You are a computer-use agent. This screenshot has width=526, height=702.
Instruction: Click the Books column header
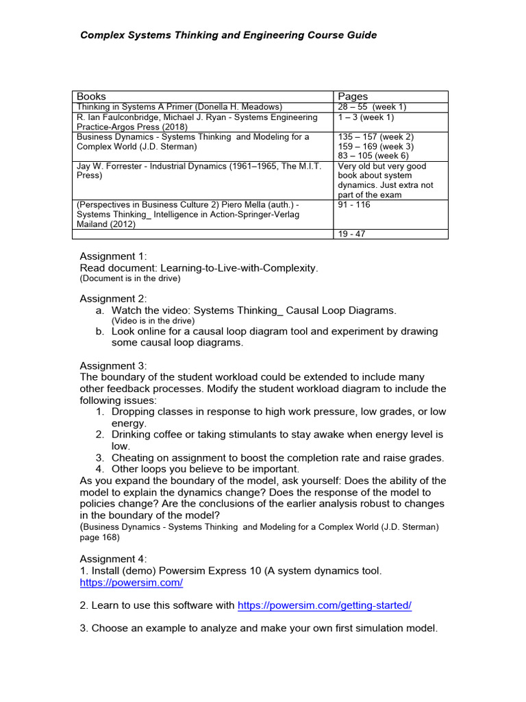pos(91,97)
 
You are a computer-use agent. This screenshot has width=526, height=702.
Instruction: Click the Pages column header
pos(353,97)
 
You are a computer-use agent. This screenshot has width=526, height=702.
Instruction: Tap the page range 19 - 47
pos(353,234)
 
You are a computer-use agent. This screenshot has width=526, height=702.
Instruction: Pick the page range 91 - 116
pos(354,205)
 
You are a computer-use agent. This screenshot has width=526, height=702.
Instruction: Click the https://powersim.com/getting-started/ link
pos(324,605)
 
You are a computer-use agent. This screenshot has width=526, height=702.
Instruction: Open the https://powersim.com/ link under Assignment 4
pos(131,583)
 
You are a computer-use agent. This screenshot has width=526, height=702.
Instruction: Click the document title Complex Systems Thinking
pos(229,35)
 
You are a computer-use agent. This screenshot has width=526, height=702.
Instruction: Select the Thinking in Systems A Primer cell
pos(179,107)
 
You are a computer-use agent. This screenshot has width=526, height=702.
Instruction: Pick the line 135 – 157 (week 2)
pos(376,136)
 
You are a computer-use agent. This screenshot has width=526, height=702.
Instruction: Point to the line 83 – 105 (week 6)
pos(373,156)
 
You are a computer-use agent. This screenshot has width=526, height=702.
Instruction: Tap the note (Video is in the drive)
pos(153,321)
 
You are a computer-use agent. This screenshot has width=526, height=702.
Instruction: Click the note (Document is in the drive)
pos(130,280)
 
